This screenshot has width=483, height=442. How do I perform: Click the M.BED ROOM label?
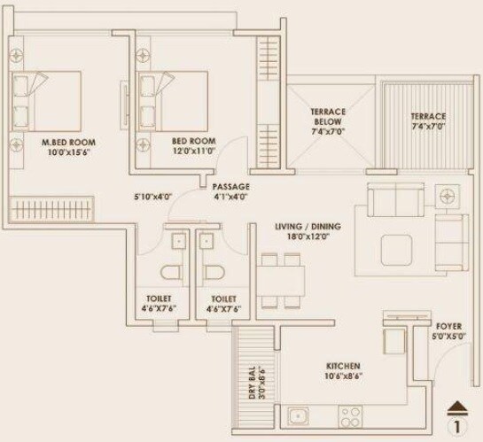68,142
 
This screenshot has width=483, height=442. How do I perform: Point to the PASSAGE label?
230,187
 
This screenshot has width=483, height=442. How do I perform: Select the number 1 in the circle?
457,424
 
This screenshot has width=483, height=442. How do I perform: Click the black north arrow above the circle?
456,407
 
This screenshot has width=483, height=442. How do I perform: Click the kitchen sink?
299,414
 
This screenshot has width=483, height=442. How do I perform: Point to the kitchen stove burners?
349,414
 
